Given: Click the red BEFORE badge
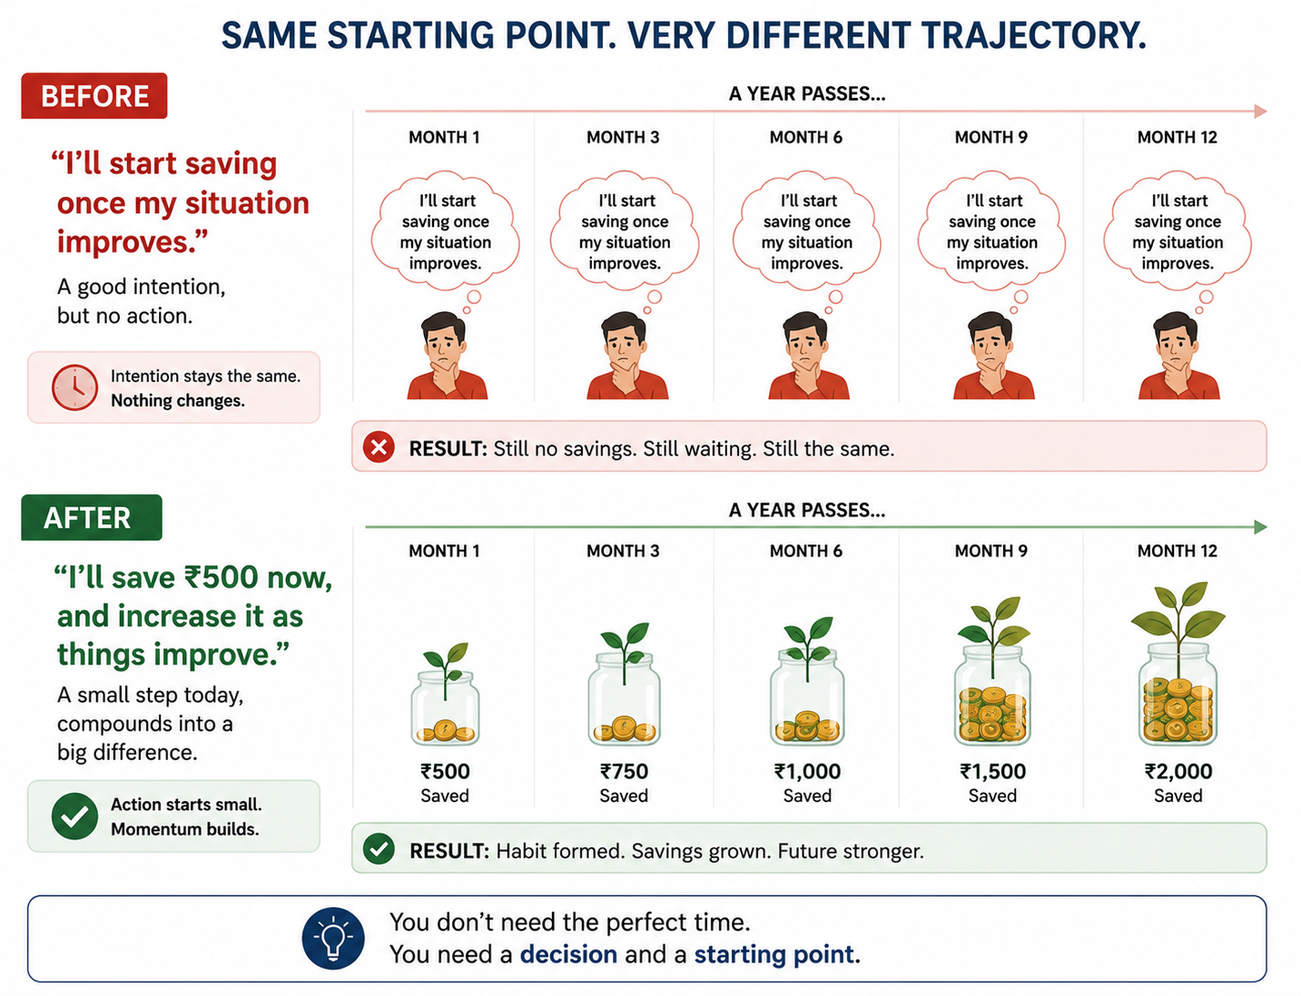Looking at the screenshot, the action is pos(94,96).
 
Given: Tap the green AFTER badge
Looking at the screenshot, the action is pos(92,517).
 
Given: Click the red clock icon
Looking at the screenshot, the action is pos(74,387).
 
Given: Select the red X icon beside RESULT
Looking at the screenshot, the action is pos(379,447).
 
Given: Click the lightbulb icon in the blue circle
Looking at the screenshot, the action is pos(333,938).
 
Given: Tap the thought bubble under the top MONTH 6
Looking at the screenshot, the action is pos(807,233).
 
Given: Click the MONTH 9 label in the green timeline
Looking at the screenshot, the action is pos(991,551).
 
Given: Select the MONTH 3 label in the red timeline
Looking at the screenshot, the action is pos(623,138).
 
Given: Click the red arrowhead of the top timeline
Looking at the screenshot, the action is pos(1260,112).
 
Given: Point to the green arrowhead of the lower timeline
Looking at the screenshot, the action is pos(1260,527).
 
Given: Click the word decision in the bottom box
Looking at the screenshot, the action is pos(568,954).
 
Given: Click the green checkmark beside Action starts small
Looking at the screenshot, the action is pos(74,816).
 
